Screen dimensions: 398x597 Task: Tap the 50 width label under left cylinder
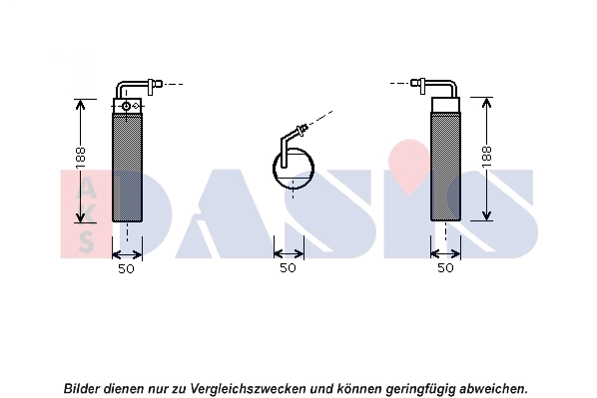[127, 268]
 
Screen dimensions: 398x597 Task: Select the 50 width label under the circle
[289, 268]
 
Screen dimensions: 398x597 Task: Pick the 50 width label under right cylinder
[445, 268]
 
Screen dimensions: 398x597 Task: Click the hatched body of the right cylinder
[445, 165]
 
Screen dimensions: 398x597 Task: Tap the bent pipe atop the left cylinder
[130, 87]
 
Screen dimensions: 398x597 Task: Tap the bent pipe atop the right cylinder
[440, 87]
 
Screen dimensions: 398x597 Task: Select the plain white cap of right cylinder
[445, 103]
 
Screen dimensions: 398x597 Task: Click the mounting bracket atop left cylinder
[127, 104]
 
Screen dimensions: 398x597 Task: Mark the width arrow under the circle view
[289, 251]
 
